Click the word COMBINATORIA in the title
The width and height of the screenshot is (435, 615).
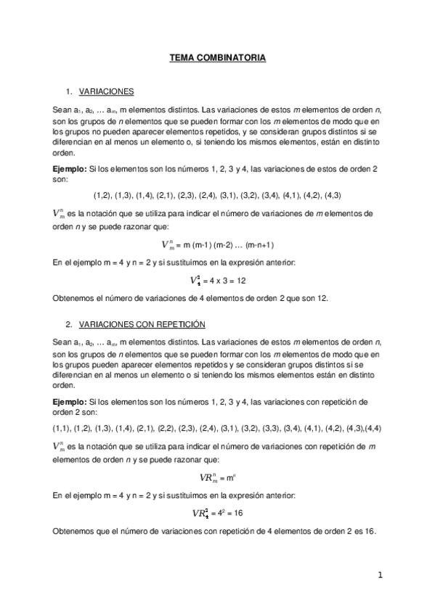(235, 57)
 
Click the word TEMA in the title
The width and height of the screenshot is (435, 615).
(182, 57)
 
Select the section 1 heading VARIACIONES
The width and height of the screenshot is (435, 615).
(105, 92)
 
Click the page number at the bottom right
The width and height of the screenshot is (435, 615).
(379, 575)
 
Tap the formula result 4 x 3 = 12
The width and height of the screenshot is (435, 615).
(227, 281)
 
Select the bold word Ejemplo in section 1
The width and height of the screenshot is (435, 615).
(68, 168)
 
